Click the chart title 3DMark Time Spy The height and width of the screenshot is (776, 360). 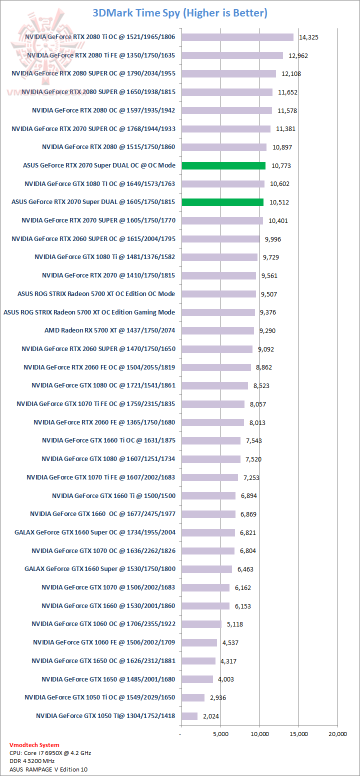coord(180,13)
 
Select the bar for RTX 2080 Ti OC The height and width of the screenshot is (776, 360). coord(237,37)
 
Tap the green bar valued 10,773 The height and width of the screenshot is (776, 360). coord(223,165)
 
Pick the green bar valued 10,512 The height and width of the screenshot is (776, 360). coord(222,202)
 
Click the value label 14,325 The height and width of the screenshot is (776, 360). coord(308,37)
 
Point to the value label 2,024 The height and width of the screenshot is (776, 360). coord(211,716)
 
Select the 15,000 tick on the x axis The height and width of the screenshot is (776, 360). coord(298,734)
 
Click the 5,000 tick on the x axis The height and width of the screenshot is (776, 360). coord(220,734)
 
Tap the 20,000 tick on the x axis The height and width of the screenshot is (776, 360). coord(337,734)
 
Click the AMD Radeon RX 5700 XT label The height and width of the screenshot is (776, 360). coord(109,330)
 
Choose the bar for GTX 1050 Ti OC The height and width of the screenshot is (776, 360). coord(193,697)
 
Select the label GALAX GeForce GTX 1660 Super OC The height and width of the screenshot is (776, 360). coord(95,532)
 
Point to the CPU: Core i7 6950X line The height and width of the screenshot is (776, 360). coord(50,753)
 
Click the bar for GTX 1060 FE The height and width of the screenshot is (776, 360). coord(199,642)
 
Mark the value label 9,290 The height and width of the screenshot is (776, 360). coord(269,331)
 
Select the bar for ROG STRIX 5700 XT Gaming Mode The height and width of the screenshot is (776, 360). coord(218,312)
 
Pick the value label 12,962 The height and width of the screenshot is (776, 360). coord(298,55)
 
